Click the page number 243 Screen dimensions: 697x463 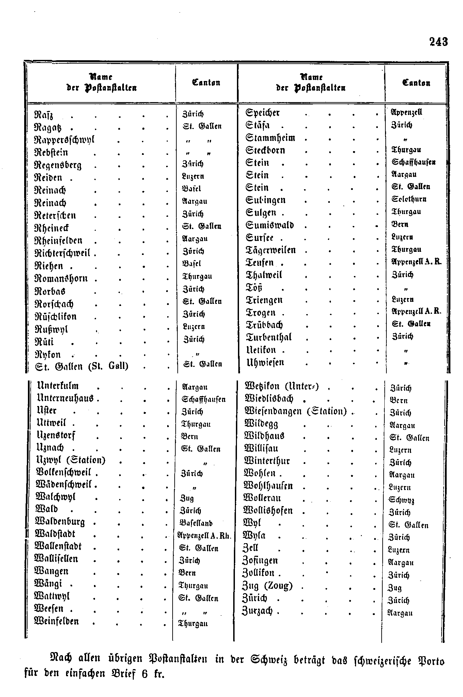[x=438, y=42]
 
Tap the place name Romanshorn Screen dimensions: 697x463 [x=61, y=278]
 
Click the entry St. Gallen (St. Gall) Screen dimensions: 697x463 [x=82, y=367]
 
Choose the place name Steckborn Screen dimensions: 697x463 [x=265, y=150]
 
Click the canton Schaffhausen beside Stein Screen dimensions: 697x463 [x=414, y=162]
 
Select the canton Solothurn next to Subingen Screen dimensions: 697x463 [x=409, y=199]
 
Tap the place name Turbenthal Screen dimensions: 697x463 [x=269, y=337]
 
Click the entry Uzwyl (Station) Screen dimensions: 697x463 [x=71, y=460]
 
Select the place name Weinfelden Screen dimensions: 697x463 [x=57, y=621]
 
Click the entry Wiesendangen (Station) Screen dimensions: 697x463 [x=296, y=411]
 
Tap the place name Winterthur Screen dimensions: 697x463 [x=267, y=461]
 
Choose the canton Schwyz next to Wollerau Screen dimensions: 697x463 [x=401, y=500]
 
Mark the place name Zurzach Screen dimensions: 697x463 [x=257, y=611]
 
